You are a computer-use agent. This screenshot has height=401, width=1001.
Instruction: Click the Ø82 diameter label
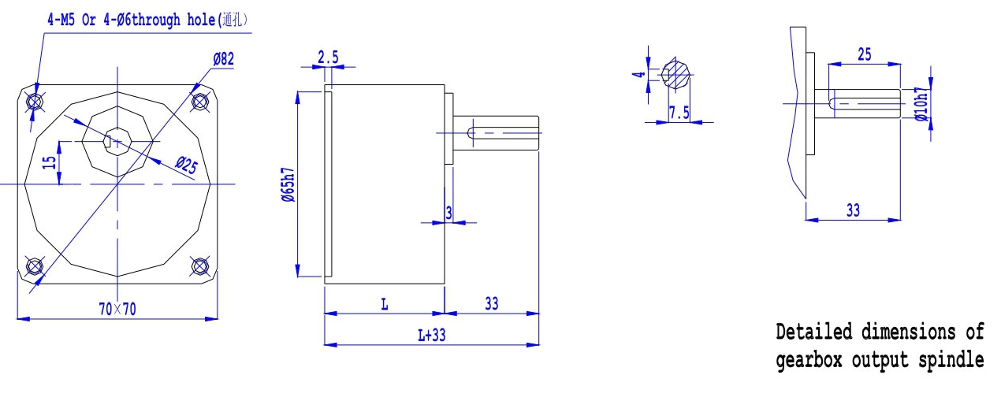click(x=223, y=59)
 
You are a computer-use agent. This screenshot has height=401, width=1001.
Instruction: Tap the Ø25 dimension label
click(x=186, y=165)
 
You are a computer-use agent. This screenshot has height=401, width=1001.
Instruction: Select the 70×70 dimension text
click(x=117, y=309)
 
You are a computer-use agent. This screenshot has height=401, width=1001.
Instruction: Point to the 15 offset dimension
click(x=50, y=162)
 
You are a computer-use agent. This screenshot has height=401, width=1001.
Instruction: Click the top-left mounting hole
click(x=35, y=102)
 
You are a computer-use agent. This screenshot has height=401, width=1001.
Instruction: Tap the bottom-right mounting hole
click(x=199, y=266)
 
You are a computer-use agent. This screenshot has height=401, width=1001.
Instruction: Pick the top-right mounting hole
click(x=199, y=102)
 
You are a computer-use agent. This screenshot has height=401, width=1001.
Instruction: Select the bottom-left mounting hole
click(x=35, y=266)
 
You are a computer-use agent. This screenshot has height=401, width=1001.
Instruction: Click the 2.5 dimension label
click(x=328, y=58)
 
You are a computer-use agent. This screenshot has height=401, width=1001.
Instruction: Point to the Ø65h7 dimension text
click(x=288, y=185)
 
